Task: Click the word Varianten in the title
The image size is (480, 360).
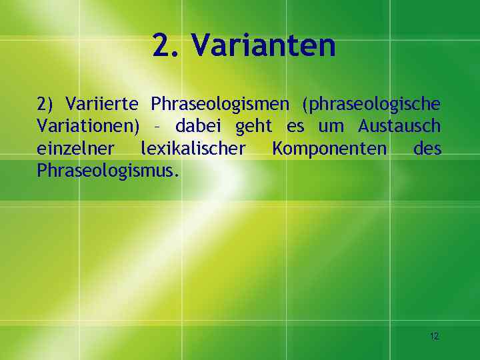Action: [264, 45]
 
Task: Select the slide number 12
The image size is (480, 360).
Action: [435, 336]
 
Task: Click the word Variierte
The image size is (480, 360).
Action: [101, 104]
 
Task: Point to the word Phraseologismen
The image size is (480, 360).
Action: [220, 105]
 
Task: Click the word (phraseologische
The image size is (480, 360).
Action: [371, 105]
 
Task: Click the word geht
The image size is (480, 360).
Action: [254, 127]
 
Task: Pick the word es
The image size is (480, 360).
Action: [295, 127]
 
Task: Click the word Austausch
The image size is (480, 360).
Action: [399, 126]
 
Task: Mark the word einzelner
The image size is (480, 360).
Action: [75, 148]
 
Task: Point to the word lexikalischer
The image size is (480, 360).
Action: [193, 148]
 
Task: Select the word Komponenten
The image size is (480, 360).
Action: [329, 149]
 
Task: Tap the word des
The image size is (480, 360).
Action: [427, 148]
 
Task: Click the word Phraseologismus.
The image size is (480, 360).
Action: [109, 170]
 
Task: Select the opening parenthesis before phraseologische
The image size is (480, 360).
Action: [305, 105]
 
